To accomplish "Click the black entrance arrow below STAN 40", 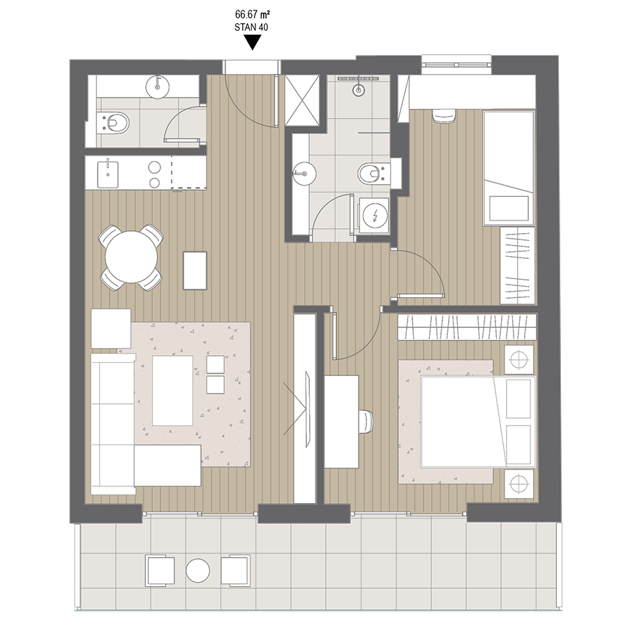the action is click(253, 42).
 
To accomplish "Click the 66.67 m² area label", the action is click(252, 15).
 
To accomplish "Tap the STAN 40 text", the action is click(251, 27).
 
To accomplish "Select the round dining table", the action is click(131, 257).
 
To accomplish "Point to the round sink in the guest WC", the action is click(158, 86).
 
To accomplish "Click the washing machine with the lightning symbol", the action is click(375, 216).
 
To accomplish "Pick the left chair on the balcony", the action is click(160, 571).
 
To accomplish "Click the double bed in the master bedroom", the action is click(478, 421).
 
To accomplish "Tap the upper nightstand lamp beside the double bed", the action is click(518, 359).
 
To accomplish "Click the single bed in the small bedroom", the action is click(509, 168).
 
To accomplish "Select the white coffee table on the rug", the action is click(172, 391).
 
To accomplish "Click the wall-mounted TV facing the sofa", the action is click(308, 408).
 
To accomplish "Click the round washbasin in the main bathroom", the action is click(304, 174).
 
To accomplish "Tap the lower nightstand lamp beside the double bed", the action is click(518, 484).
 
